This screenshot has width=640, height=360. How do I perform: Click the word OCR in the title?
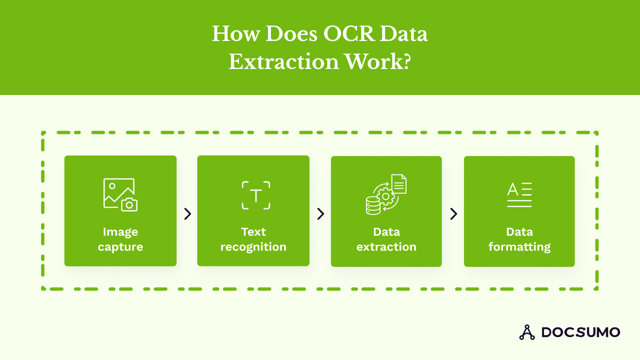[x=349, y=33]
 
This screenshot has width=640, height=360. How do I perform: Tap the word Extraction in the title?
[x=283, y=61]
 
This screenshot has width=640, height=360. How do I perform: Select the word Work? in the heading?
[x=377, y=61]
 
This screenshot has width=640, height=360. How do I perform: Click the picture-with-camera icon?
[x=120, y=195]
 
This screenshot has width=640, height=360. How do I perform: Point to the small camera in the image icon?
[x=129, y=204]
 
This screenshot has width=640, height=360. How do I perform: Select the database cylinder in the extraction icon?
[x=373, y=205]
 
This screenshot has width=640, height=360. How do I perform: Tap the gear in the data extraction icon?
[x=385, y=196]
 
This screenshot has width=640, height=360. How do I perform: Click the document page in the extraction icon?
[x=399, y=184]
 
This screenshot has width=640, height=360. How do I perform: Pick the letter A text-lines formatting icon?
[x=519, y=194]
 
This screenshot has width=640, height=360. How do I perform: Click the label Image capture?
[x=120, y=239]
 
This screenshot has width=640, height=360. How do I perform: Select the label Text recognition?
[x=253, y=239]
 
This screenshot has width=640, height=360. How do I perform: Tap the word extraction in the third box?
[x=386, y=247]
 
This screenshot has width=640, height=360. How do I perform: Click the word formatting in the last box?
[x=519, y=247]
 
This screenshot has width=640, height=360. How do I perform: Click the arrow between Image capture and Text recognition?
[x=187, y=213]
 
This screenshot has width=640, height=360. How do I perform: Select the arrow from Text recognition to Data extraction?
[x=321, y=213]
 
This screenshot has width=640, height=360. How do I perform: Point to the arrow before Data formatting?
[x=453, y=213]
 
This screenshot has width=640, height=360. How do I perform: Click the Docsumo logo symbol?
[x=527, y=332]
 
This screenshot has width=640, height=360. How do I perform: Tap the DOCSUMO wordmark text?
[x=581, y=332]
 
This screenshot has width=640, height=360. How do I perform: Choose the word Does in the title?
[x=291, y=33]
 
